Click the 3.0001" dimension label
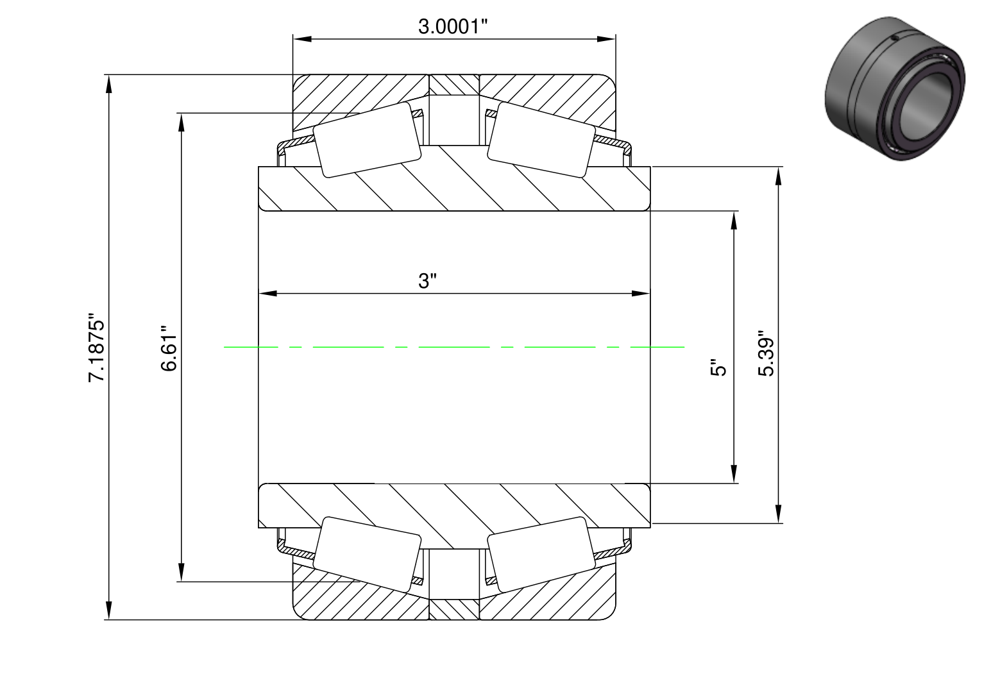click(453, 26)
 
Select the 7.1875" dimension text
click(96, 347)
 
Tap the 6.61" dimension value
click(169, 348)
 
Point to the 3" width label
click(427, 281)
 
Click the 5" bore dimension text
click(718, 367)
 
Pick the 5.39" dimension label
click(766, 353)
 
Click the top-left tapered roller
click(367, 140)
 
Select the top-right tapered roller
click(541, 140)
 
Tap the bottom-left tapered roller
click(367, 555)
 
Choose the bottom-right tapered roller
click(541, 555)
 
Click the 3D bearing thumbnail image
click(894, 88)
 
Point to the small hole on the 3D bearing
click(894, 39)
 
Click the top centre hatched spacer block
click(454, 85)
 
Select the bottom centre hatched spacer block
click(454, 610)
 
